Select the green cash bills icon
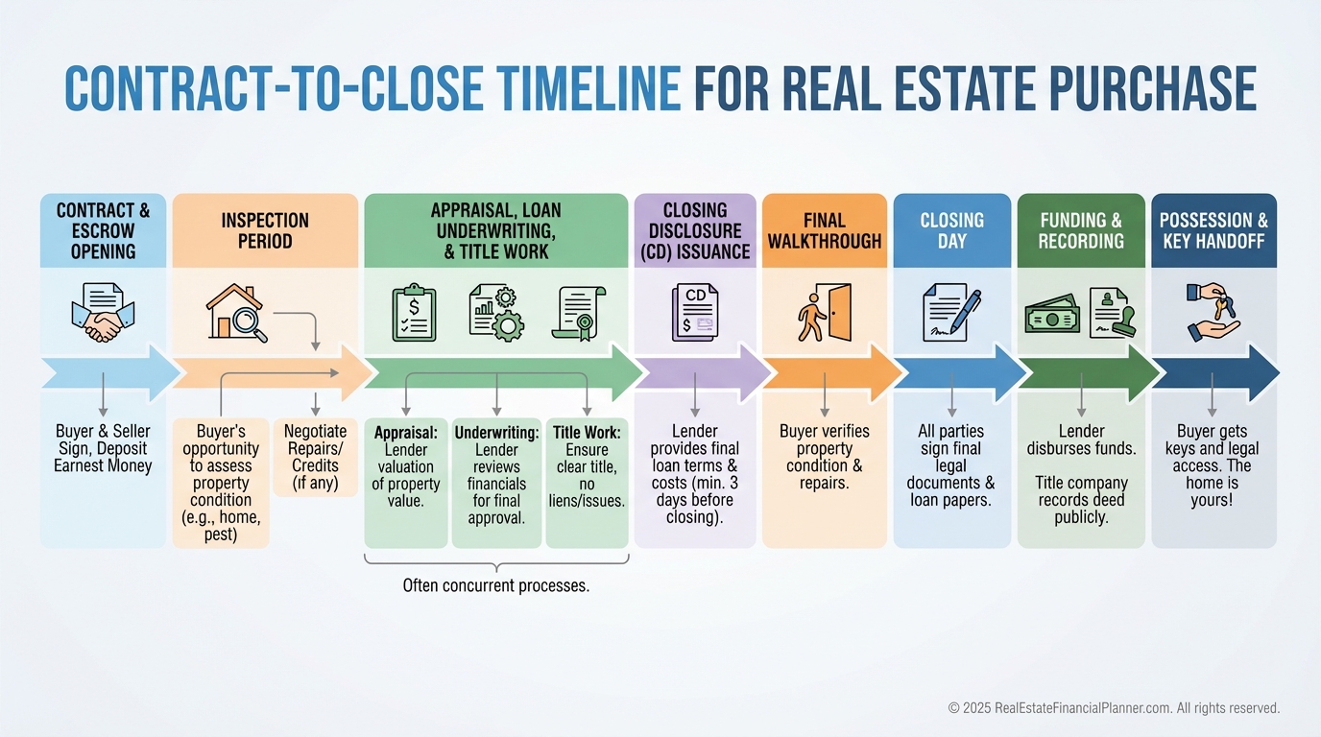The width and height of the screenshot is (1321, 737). (x=1051, y=313)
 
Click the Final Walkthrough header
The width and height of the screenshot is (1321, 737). (x=825, y=230)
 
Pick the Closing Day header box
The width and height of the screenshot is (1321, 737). (x=951, y=230)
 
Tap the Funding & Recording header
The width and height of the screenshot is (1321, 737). (x=1081, y=230)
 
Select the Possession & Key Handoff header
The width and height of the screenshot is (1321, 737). (x=1213, y=230)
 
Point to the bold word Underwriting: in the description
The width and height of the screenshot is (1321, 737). (x=496, y=433)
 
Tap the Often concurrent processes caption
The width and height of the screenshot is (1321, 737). (x=495, y=584)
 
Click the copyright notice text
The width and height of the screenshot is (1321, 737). (x=1114, y=708)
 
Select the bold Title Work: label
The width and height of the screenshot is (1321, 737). (x=587, y=433)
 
